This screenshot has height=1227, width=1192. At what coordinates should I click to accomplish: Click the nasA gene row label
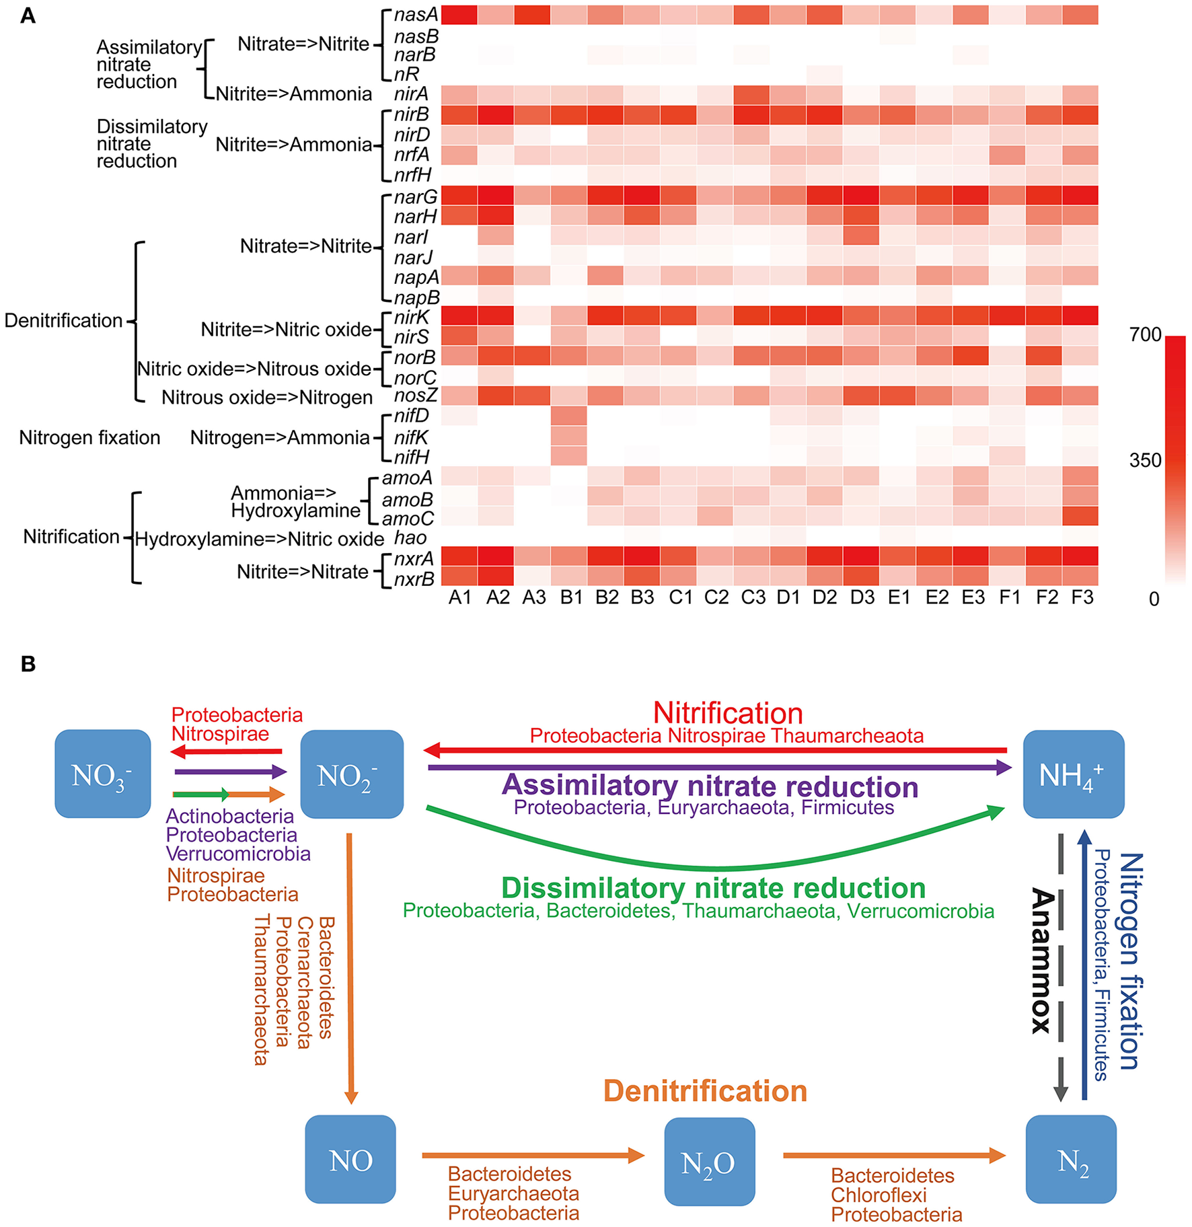tap(416, 15)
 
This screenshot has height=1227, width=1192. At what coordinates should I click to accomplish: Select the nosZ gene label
tap(416, 396)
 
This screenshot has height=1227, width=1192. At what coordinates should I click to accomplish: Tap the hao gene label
tap(410, 538)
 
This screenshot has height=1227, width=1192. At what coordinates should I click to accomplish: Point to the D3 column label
tap(862, 597)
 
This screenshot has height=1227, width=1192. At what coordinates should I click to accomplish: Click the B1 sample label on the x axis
tap(571, 597)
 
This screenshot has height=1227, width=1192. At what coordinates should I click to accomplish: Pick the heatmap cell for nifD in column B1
tap(569, 416)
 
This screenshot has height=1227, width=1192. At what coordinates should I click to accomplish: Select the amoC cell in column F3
tap(1080, 516)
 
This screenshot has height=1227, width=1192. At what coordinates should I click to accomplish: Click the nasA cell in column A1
tap(459, 15)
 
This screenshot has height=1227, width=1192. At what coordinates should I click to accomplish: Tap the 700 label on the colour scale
tap(1145, 334)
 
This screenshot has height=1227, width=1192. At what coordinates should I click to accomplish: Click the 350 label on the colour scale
tap(1145, 461)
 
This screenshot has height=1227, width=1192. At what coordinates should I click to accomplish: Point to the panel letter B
tap(28, 664)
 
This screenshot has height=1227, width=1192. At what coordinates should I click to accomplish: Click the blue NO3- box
tap(102, 774)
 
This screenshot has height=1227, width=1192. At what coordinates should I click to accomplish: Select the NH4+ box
tap(1072, 774)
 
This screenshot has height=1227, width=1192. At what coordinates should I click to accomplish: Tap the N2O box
tap(709, 1162)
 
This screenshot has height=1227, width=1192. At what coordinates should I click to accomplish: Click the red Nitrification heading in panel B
tap(728, 713)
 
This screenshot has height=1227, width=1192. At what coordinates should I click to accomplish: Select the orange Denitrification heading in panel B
tap(705, 1091)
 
